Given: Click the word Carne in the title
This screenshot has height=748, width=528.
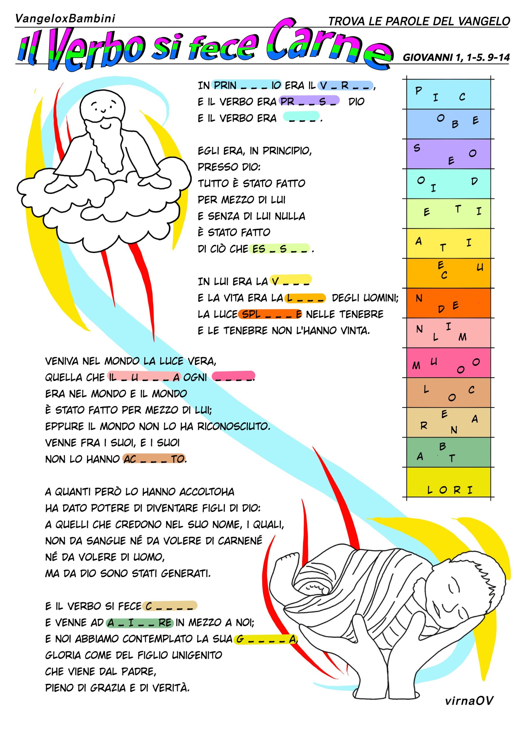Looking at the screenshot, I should tap(328, 44).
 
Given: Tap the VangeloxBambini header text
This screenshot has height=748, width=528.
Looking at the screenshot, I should tap(65, 19).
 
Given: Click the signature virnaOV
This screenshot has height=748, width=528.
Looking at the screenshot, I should tap(469, 701).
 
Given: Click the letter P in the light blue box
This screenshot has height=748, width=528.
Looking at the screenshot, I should tap(419, 90).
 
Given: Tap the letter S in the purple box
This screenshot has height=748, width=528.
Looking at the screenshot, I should tap(417, 148).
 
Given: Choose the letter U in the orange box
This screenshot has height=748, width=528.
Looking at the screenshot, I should tap(480, 268).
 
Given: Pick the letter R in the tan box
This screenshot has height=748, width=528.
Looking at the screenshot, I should tap(424, 426).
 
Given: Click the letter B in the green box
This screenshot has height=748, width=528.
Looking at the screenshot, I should tap(443, 447).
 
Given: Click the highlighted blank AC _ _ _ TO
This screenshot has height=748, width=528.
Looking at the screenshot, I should tap(154, 459).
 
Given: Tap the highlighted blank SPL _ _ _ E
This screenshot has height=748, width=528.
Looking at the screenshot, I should tap(270, 314).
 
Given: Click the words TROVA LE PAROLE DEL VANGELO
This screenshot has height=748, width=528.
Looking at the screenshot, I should tap(419, 22).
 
